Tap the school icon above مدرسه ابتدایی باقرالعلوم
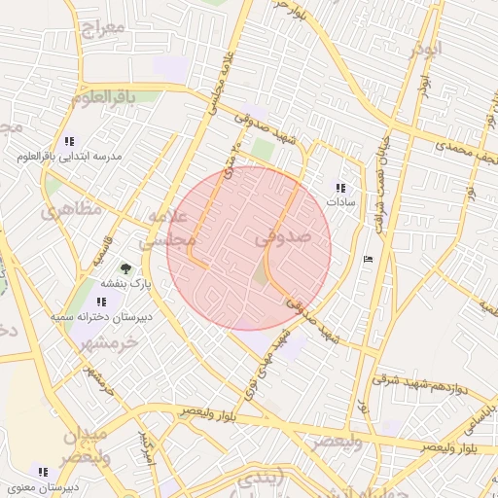coord(67,141)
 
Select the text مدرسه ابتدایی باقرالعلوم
coord(67,156)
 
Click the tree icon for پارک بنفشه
coord(124,267)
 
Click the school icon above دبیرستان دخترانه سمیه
coord(101,302)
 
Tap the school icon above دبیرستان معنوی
coord(43,472)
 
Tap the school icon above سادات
coord(339,188)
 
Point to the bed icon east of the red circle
coord(366,259)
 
